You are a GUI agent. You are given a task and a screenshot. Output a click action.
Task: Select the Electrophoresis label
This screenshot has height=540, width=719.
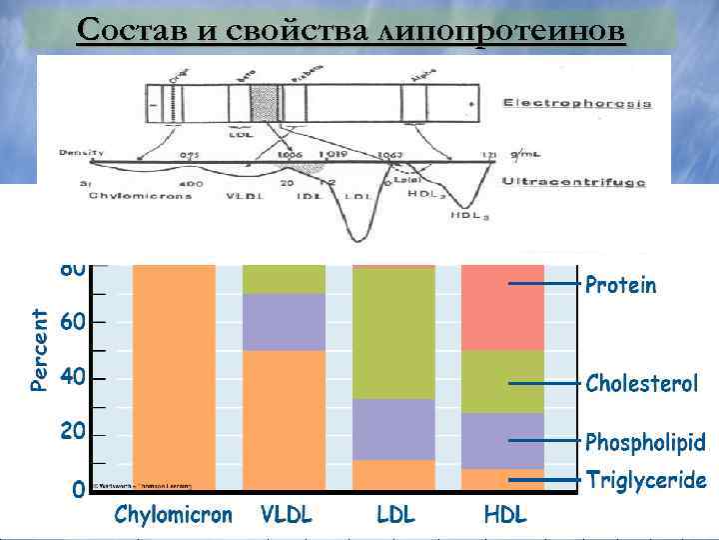coord(577,103)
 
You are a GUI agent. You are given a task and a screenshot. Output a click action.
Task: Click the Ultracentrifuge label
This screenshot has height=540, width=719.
coord(573,183)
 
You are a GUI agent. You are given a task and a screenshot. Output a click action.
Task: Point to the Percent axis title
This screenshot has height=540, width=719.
coord(39,349)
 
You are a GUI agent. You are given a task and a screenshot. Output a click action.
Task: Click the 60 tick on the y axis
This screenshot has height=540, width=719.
coord(73,323)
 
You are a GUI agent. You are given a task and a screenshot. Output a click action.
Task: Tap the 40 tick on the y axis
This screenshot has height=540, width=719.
coord(73,379)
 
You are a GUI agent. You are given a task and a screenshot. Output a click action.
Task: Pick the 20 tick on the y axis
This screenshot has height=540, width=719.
coord(73,434)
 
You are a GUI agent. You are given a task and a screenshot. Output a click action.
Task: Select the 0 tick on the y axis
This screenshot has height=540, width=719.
coord(78,490)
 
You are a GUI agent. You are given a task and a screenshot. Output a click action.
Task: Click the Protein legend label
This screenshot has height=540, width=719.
coord(621,286)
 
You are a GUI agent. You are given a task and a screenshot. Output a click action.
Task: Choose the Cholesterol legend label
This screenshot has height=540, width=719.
coord(642,384)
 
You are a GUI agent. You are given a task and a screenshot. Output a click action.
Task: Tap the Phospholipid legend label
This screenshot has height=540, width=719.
coord(645,442)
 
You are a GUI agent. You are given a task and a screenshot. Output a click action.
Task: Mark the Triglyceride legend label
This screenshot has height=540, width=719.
coord(646,481)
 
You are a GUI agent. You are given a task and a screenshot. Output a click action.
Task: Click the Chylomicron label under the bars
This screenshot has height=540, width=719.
coord(173,516)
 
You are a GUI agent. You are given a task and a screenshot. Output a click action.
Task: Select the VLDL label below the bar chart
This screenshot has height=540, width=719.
coord(287,516)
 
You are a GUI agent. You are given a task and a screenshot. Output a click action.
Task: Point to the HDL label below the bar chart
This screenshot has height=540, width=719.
coord(504,516)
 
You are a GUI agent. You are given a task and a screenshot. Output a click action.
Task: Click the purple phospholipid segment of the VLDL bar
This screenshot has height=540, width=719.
coord(285,322)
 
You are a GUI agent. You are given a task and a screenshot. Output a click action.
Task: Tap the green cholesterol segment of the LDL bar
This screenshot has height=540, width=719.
coord(394,334)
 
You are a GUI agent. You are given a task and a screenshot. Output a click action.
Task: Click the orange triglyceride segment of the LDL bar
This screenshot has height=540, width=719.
coord(394,475)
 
